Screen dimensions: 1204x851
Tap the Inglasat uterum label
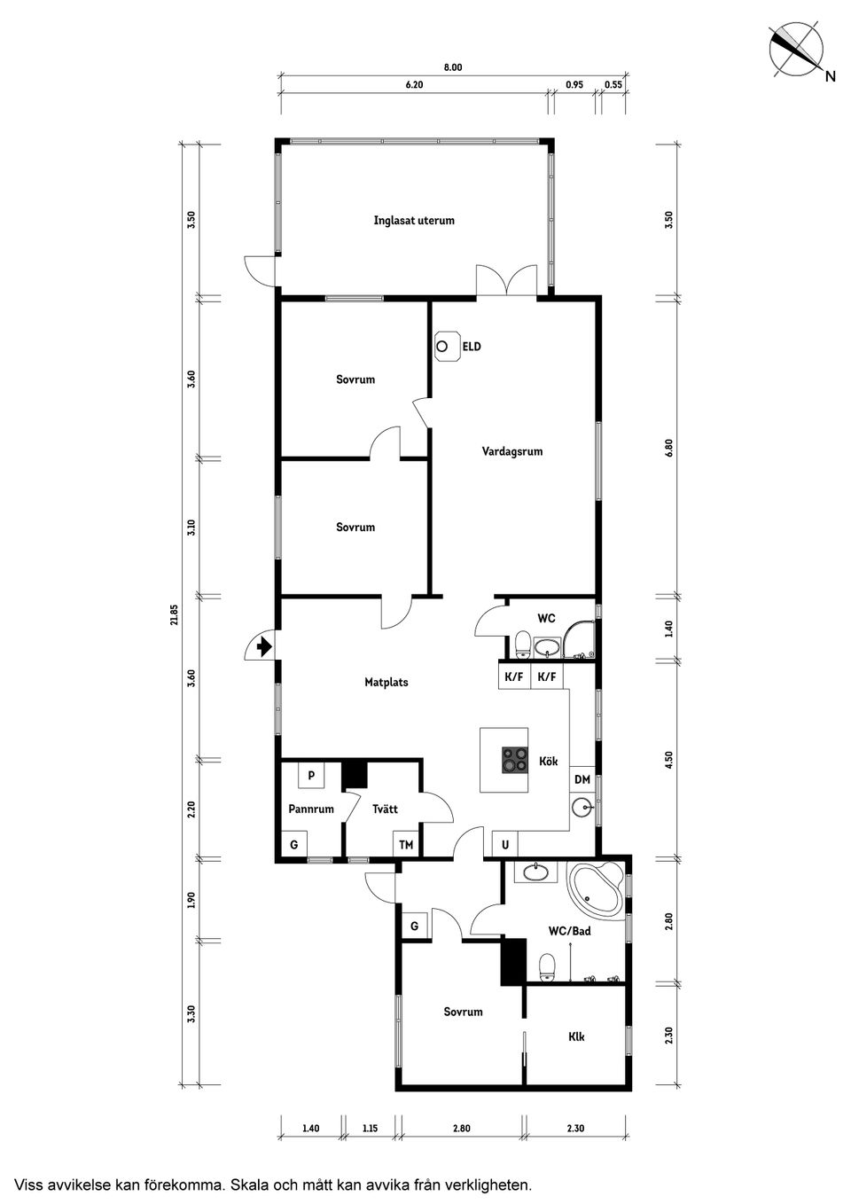(414, 221)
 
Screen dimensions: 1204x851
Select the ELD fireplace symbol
(448, 347)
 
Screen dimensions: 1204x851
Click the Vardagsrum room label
(512, 451)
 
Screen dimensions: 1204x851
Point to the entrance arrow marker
(262, 647)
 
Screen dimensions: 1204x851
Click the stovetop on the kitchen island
(513, 761)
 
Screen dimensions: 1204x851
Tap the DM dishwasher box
(582, 779)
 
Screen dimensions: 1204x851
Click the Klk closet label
(576, 1036)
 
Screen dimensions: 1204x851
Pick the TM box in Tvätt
(406, 845)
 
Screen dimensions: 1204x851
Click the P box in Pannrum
(311, 776)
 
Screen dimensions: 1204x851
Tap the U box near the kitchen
(505, 845)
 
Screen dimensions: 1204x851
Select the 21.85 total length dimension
(175, 614)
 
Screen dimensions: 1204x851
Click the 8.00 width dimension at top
(453, 67)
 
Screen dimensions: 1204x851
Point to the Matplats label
(386, 683)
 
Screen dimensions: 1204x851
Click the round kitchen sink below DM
(582, 808)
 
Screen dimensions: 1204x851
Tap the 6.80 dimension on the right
(669, 449)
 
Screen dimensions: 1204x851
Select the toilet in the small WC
(522, 643)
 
